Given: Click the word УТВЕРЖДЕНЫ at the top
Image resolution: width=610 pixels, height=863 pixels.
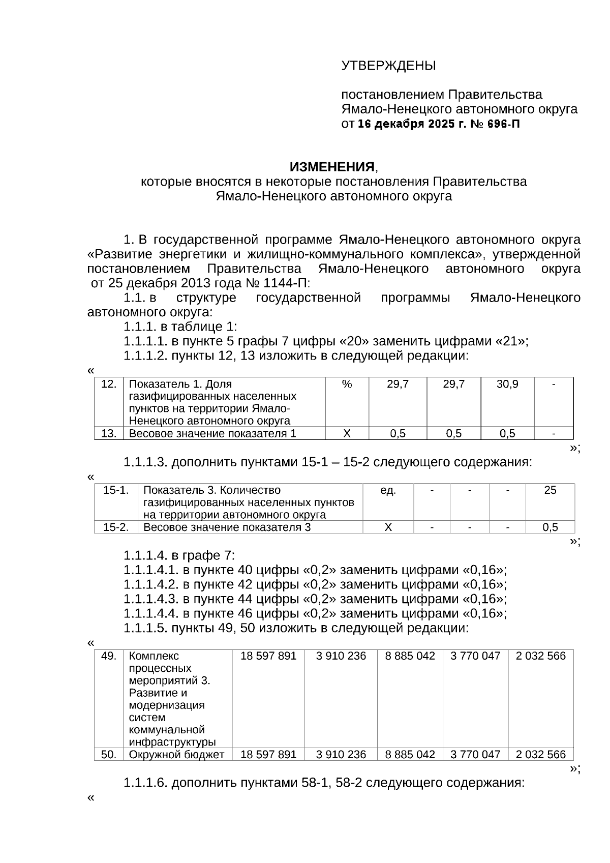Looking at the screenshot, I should click(388, 66).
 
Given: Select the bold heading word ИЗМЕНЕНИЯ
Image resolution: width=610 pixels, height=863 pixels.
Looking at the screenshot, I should click(332, 167).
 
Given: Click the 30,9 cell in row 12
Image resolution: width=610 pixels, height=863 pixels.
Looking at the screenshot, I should click(507, 384).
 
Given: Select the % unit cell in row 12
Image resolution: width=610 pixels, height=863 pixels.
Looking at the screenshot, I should click(347, 384).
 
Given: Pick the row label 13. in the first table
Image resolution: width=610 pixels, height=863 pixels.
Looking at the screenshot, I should click(109, 433).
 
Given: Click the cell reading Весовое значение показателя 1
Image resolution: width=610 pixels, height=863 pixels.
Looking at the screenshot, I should click(212, 433).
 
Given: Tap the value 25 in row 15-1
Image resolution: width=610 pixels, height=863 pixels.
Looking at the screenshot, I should click(550, 490).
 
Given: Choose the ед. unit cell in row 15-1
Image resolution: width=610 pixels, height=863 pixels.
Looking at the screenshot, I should click(388, 490).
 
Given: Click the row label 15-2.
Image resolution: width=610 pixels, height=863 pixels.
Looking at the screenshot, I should click(116, 527).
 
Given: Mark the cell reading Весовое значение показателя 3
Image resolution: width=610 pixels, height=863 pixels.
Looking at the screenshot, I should click(227, 527).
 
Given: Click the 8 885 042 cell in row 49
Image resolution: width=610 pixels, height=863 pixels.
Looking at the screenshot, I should click(410, 656).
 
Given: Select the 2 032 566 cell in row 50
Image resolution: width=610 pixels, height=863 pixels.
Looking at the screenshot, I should click(540, 754).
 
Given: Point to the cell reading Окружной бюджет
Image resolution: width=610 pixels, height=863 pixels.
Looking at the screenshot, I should click(176, 754).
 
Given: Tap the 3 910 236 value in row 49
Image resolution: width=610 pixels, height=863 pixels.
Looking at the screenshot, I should click(341, 656).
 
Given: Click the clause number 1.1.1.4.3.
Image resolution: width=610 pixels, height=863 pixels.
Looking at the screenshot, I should click(151, 599).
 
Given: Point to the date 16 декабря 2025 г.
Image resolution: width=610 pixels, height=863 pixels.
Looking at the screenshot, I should click(411, 124).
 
